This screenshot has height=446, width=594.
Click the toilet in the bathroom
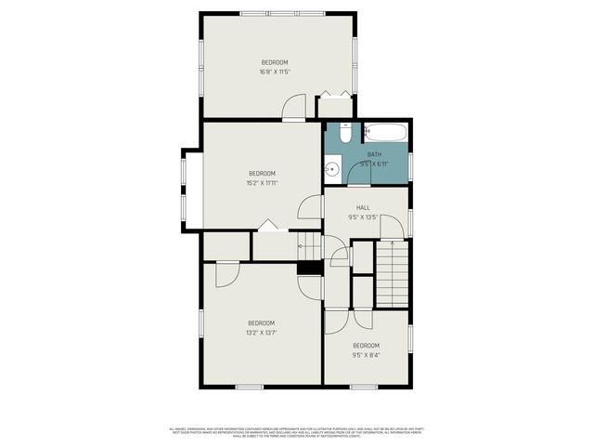click(345, 135)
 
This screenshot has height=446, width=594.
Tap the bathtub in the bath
click(383, 132)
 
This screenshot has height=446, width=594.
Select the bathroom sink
click(330, 170)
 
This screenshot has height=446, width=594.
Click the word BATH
click(374, 154)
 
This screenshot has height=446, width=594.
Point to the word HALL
click(364, 208)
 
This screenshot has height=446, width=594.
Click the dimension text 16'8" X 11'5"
click(274, 72)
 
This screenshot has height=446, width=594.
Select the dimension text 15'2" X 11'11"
click(262, 183)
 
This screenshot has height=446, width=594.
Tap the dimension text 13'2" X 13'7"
click(261, 332)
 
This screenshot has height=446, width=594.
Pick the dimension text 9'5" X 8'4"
click(366, 354)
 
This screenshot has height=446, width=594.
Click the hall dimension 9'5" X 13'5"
click(364, 218)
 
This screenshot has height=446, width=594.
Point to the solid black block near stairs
click(309, 268)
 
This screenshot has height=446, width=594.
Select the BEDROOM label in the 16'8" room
click(274, 62)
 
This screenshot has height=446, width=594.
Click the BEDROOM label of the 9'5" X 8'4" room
click(366, 345)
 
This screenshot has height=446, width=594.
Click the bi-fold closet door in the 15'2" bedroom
click(268, 225)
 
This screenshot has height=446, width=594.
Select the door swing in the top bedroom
click(294, 107)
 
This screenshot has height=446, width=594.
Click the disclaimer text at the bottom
click(296, 431)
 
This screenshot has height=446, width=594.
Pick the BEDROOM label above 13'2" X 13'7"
click(261, 322)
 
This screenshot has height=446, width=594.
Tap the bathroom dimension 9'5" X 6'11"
click(374, 164)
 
